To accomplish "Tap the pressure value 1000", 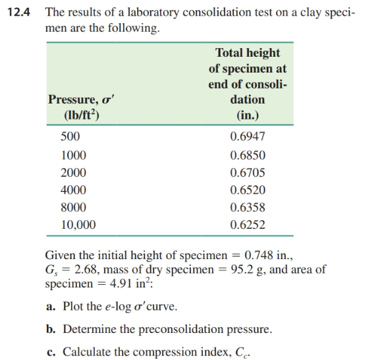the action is (72, 156).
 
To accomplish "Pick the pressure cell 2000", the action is (72, 173).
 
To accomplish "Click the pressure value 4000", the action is (72, 191).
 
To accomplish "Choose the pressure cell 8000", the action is (72, 208).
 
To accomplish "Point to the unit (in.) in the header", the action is (248, 115).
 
